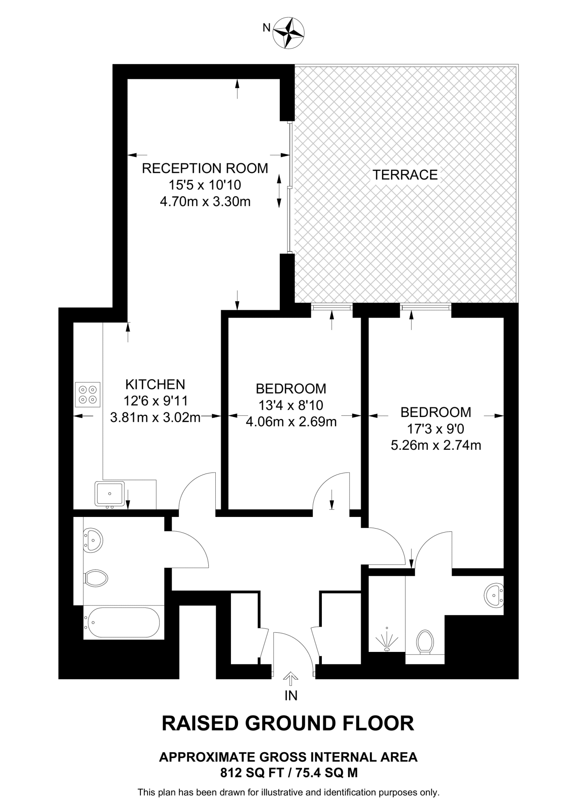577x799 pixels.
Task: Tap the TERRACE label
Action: coord(405,175)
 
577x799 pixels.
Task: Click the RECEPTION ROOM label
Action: coord(205,168)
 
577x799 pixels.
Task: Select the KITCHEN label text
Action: coord(155,384)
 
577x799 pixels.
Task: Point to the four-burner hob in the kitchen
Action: coord(88,394)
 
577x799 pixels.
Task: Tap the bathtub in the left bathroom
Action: coord(124,623)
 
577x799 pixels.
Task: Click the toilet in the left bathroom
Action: coord(96,578)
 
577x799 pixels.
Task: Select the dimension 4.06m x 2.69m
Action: coord(291,422)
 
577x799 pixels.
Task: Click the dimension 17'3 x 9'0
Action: coord(435,429)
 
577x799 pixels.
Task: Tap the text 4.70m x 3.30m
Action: coord(205,202)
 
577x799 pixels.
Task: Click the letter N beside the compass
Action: coord(266,27)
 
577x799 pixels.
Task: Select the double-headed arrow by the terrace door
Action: coord(279,191)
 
